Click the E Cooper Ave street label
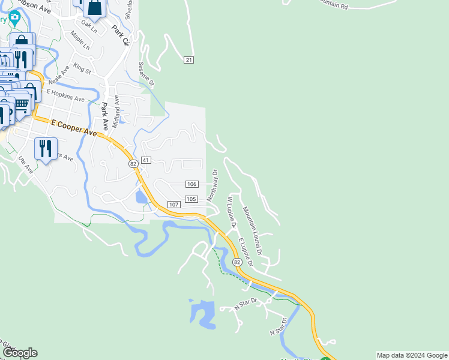(x=74, y=127)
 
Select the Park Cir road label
(x=121, y=35)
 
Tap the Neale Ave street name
(x=59, y=76)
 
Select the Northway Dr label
(x=212, y=185)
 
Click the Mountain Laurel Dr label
(x=253, y=231)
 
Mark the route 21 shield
(x=189, y=60)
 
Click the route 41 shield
(x=146, y=161)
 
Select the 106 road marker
(x=191, y=184)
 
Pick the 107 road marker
(x=173, y=205)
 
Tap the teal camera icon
(x=15, y=17)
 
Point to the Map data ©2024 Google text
(x=412, y=355)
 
